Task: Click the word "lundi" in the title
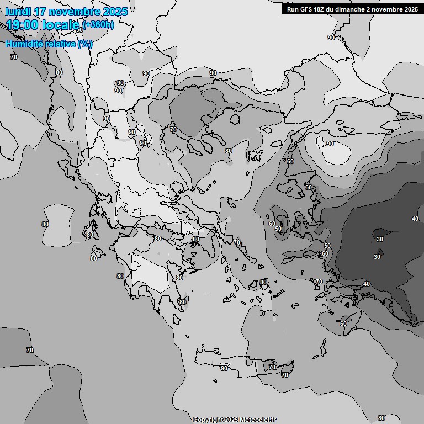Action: click(18, 12)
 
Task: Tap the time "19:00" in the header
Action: click(22, 25)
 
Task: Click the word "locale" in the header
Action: click(61, 25)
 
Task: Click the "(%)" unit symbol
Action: click(85, 44)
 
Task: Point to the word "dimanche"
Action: click(359, 9)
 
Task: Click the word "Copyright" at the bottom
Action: click(208, 420)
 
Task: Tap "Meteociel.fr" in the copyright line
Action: click(258, 420)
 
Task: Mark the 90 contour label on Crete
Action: click(224, 368)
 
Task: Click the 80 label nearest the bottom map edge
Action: click(381, 418)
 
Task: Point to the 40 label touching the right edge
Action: click(415, 219)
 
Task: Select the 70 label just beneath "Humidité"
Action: click(14, 57)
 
